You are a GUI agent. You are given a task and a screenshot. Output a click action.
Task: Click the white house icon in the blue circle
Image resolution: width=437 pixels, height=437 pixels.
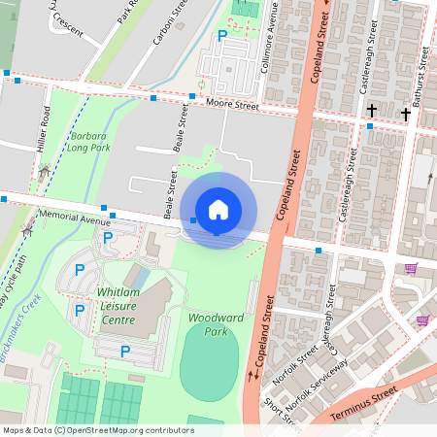pos(218,210)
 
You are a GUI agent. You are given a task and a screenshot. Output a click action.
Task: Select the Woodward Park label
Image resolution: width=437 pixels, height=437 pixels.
pos(215,324)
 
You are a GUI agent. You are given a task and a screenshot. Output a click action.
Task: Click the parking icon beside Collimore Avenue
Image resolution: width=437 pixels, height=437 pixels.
pos(222,36)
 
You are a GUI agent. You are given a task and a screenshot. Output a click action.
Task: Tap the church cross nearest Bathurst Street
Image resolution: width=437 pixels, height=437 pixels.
pos(405,114)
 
